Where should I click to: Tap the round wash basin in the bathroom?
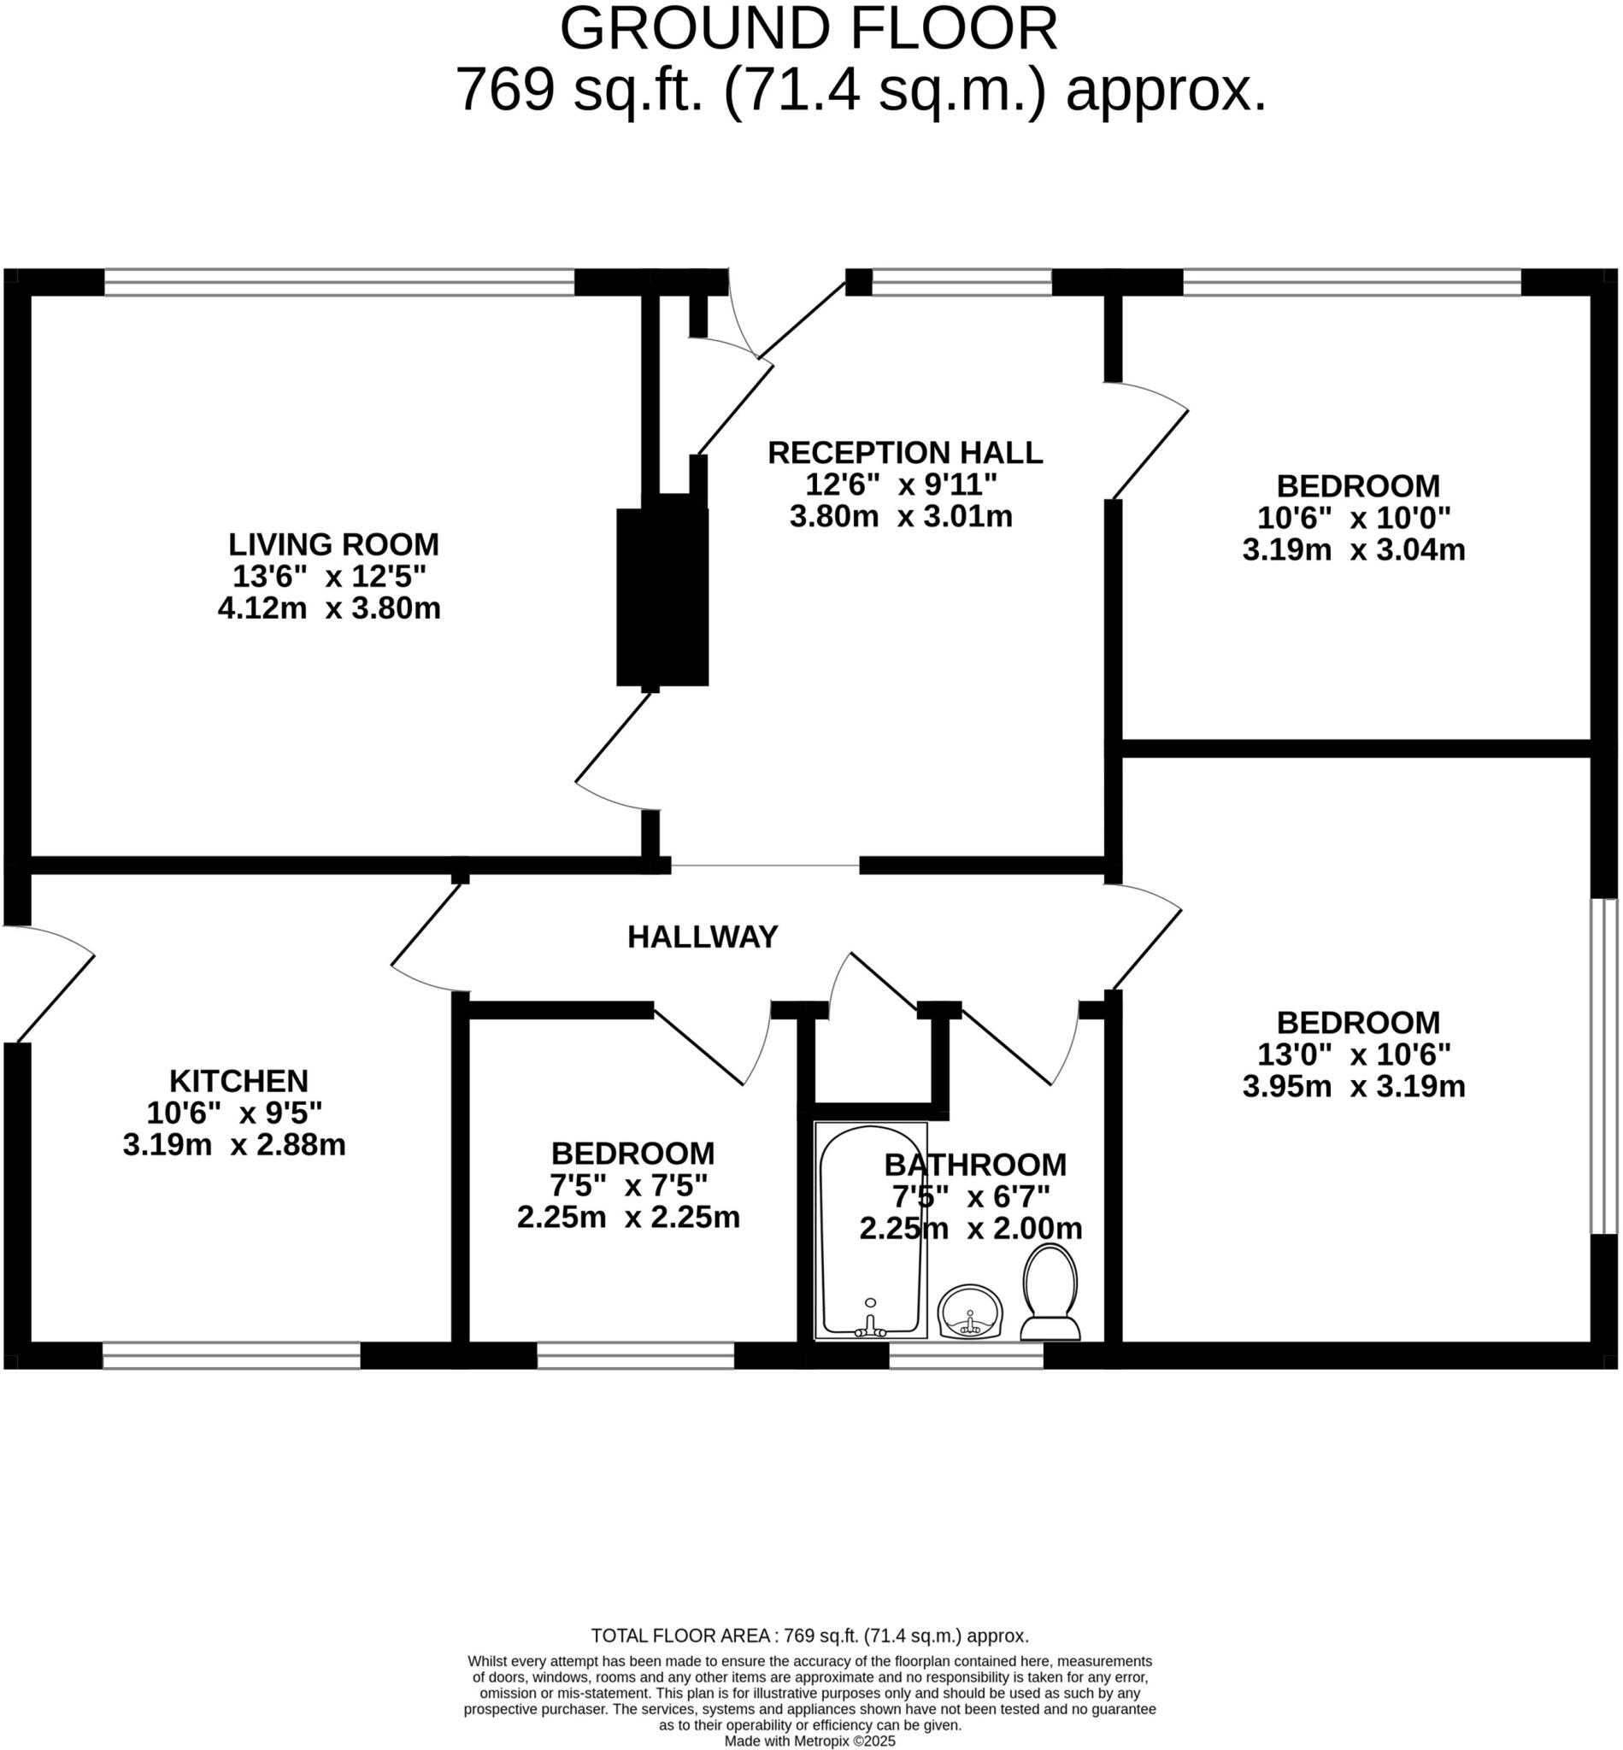[x=969, y=1312]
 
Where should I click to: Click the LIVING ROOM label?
[x=333, y=544]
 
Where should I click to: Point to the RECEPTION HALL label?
[x=904, y=453]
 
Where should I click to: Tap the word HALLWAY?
[x=703, y=937]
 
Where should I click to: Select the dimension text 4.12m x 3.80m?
[x=329, y=608]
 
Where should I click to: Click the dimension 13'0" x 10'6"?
[x=1354, y=1054]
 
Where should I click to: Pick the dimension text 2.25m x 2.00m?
[x=970, y=1229]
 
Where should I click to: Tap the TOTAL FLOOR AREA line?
[x=809, y=1635]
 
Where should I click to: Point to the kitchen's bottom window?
[x=231, y=1355]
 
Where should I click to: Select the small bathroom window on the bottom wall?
[x=966, y=1355]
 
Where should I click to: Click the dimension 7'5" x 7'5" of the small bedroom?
[x=628, y=1186]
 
